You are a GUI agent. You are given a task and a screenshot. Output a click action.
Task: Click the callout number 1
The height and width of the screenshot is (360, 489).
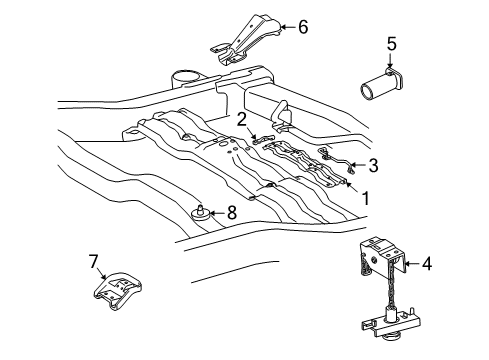click(x=365, y=198)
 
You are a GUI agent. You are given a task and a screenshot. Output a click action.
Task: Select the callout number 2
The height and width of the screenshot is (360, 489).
click(x=242, y=119)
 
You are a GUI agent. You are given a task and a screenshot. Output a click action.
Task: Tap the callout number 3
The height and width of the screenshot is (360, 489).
click(x=373, y=165)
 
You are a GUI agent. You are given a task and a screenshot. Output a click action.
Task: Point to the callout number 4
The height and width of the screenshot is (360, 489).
click(x=427, y=264)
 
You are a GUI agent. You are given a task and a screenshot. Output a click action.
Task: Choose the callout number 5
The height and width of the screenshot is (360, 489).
click(x=392, y=43)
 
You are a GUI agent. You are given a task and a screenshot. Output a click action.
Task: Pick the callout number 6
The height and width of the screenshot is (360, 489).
click(x=303, y=27)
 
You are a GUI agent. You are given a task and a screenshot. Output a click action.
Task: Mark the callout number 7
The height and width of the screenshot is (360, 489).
click(x=94, y=262)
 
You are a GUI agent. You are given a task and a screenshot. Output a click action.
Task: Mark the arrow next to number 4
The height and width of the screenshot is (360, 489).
click(x=410, y=264)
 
